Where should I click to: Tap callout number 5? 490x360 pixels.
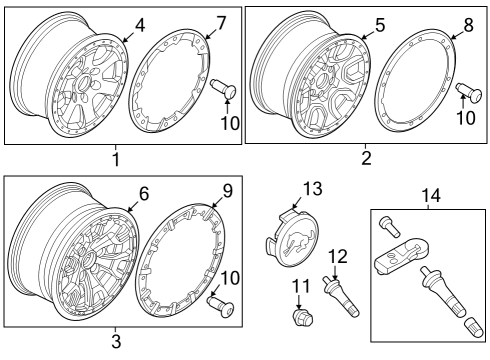[x=379, y=24]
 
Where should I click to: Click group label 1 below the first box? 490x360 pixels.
[x=115, y=159]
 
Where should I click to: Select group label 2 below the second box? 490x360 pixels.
[x=365, y=158]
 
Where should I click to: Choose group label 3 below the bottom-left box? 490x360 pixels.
[x=115, y=341]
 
